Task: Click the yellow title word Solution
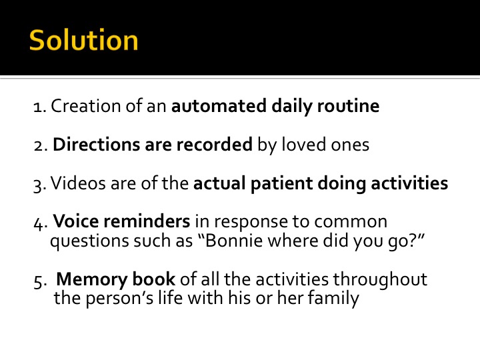[x=83, y=40]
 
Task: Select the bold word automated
[x=219, y=106]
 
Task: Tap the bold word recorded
[x=214, y=144]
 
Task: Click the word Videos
[x=78, y=183]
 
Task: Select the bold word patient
[x=281, y=184]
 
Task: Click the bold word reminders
[x=145, y=221]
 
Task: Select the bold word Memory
[x=92, y=280]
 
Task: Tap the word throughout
[x=380, y=279]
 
